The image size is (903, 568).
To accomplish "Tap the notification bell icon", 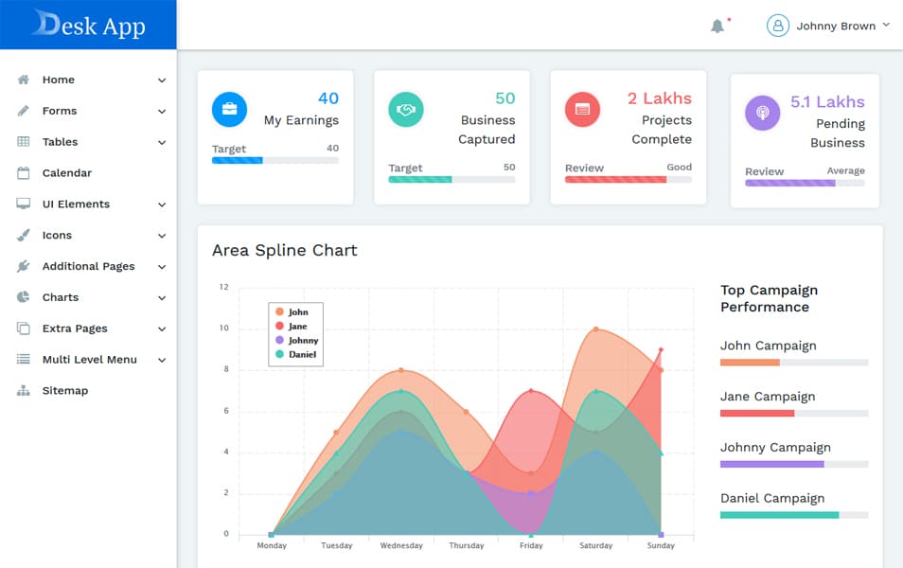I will coord(717,26).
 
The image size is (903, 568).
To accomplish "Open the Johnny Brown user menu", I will coord(828,26).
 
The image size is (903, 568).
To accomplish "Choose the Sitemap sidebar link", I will coord(64,390).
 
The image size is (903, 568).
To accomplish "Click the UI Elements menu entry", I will coord(76,204).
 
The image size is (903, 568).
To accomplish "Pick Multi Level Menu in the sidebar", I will coord(89,360).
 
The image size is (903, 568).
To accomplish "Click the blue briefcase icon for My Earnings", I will coord(229,110).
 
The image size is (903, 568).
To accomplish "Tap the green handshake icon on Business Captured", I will coord(406,110).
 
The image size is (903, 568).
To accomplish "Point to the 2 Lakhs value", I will coord(659,98).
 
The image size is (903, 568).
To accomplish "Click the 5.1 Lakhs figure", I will coord(827,102).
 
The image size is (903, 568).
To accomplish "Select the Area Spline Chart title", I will coord(285,251).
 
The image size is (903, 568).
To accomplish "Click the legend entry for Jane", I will coord(297,327).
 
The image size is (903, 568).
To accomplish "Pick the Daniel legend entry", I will coord(302,354).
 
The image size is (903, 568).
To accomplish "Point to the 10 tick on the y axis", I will coord(224,328).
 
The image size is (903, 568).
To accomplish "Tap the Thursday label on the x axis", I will coord(466,545).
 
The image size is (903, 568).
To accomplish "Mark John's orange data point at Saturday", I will coord(595,329).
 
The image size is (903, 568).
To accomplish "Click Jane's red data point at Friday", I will coord(531,391).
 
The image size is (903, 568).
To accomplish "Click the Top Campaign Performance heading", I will coord(769,298).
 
